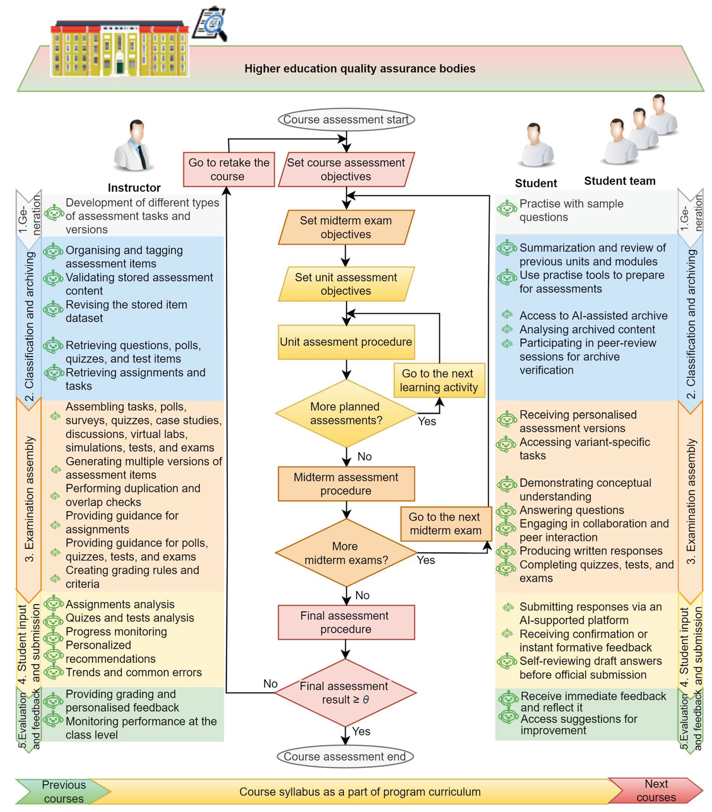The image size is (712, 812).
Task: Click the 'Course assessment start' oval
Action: click(346, 120)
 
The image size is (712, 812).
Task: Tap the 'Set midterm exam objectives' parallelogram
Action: click(346, 227)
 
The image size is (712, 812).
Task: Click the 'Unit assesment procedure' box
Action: click(346, 342)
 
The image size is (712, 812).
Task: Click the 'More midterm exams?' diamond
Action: click(346, 553)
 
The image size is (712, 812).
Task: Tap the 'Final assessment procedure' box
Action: click(346, 623)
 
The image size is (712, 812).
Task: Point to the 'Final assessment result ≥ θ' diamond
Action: click(345, 693)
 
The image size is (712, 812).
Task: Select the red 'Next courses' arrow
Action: click(656, 790)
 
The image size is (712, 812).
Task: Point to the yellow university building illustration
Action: click(119, 50)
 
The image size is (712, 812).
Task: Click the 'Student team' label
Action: click(619, 181)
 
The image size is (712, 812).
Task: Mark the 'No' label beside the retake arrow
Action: click(270, 684)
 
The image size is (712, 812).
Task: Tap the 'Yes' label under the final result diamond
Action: click(361, 731)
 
